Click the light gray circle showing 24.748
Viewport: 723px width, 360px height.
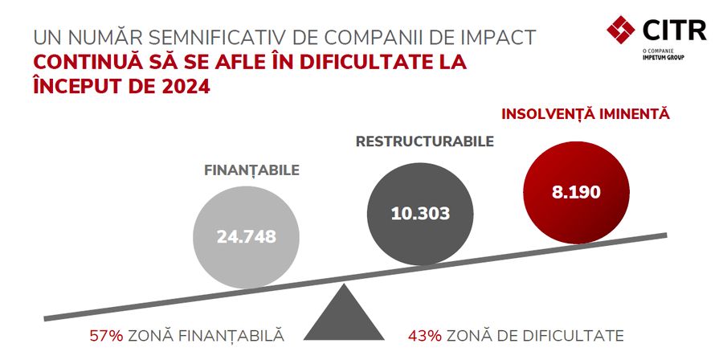click(246, 236)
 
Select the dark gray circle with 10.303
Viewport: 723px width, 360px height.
click(419, 214)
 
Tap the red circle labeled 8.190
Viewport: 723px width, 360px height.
click(576, 192)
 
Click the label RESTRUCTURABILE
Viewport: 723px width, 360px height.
click(424, 142)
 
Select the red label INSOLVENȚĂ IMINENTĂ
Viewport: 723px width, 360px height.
click(585, 115)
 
